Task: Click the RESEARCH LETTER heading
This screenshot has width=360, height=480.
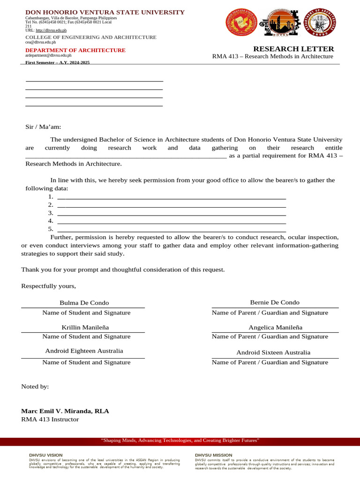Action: pos(293,49)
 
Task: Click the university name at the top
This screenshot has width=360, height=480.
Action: pos(105,12)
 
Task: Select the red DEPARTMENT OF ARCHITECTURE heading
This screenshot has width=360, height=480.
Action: pos(75,50)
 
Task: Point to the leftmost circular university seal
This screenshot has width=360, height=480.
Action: pos(242,22)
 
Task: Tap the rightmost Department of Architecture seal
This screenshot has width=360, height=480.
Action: pos(320,22)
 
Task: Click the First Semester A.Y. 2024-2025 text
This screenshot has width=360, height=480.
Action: pos(57,62)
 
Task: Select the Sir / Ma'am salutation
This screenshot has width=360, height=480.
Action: pos(43,127)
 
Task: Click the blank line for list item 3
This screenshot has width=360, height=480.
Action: pos(172,213)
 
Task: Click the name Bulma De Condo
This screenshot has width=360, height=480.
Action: pos(84,303)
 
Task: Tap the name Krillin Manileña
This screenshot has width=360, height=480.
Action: pos(85,327)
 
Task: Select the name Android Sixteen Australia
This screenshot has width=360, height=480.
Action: pos(273,352)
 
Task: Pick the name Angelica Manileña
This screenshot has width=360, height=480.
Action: pos(275,327)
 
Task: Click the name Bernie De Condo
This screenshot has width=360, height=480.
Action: pos(275,302)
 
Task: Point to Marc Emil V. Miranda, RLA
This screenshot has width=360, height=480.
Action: pos(65,411)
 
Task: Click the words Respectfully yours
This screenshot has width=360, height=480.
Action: pos(48,286)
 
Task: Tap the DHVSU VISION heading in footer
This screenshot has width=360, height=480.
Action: pos(45,455)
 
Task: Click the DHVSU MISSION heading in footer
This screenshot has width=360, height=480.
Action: pos(213,455)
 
